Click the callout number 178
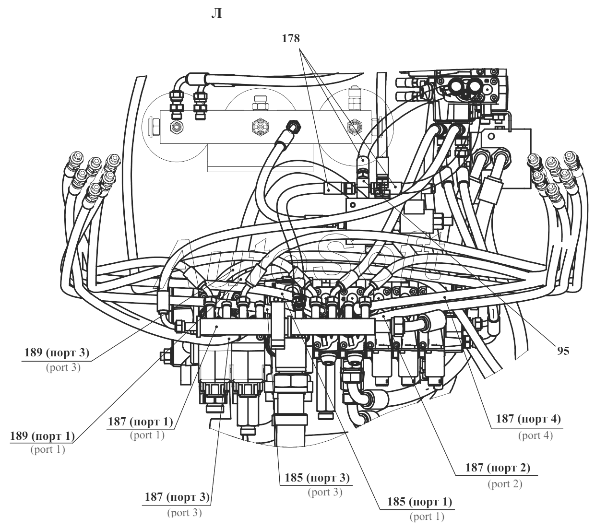[291, 38]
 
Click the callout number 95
[563, 351]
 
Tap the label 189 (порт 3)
[57, 353]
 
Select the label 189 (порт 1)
[42, 436]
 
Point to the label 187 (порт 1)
[141, 422]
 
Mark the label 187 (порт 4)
[528, 419]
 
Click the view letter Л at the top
[216, 14]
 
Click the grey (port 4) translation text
[535, 435]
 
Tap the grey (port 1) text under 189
[48, 449]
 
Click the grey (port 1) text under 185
[427, 517]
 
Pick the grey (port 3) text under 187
[184, 513]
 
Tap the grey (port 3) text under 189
[63, 367]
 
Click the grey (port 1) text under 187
[147, 435]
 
